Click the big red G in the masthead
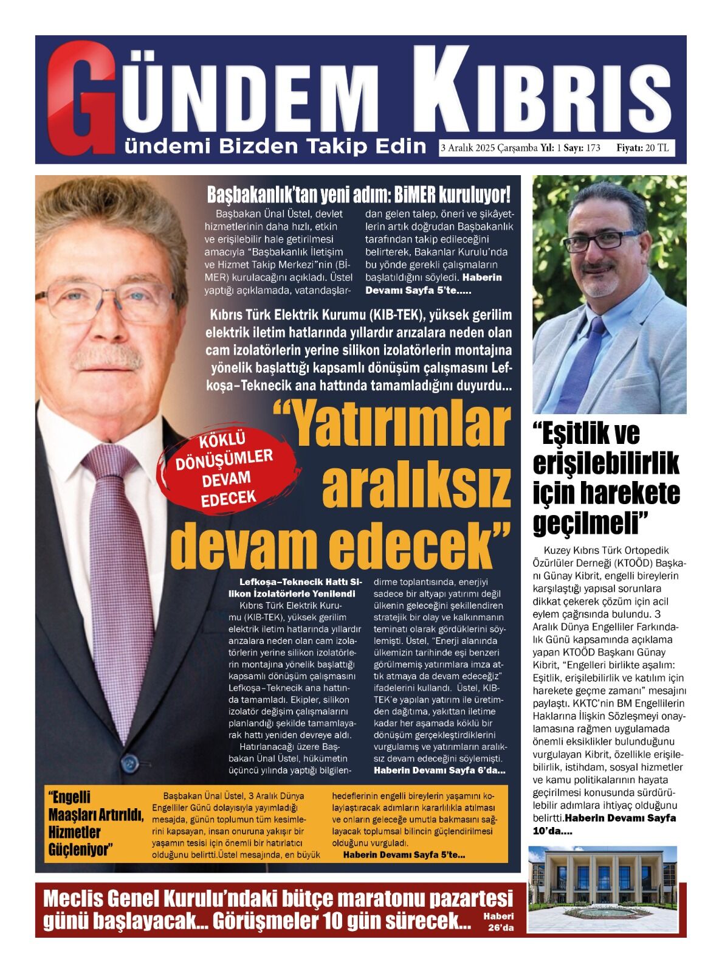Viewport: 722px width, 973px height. (x=79, y=97)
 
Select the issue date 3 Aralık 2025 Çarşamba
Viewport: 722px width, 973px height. (x=489, y=148)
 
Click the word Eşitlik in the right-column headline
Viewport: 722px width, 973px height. (x=586, y=433)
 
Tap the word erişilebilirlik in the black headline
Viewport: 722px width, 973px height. (x=606, y=464)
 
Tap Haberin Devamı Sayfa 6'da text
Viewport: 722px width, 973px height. (x=439, y=770)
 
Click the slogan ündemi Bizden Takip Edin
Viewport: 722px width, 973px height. (x=275, y=147)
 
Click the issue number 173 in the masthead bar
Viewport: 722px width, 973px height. (x=593, y=148)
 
